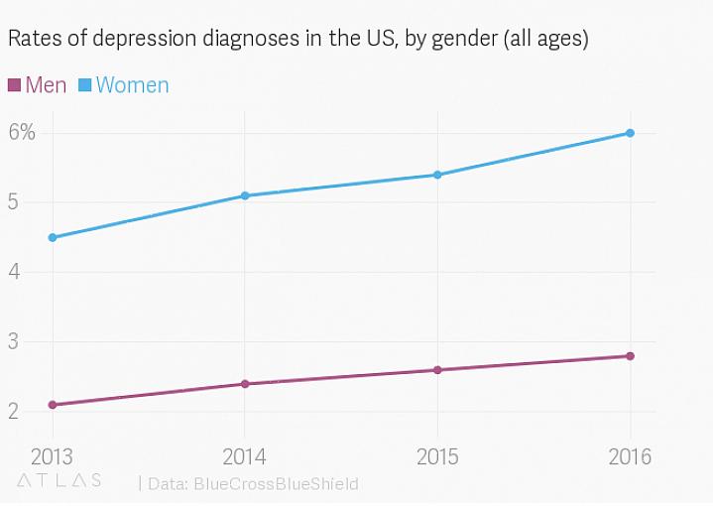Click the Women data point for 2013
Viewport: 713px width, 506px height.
click(x=52, y=237)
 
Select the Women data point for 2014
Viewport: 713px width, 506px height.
click(x=244, y=195)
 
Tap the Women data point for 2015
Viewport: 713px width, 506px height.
click(x=437, y=175)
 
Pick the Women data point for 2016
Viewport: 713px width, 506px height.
click(x=630, y=133)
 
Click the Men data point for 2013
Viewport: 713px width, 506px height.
click(x=52, y=405)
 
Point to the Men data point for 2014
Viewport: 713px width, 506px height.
click(x=244, y=384)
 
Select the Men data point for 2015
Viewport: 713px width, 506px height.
click(x=437, y=370)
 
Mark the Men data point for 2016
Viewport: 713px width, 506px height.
click(x=630, y=356)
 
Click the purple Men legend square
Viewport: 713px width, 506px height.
click(x=14, y=85)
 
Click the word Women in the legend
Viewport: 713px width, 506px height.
click(x=132, y=85)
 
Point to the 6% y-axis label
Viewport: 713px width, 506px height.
click(x=23, y=133)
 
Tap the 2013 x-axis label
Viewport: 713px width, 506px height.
click(x=52, y=457)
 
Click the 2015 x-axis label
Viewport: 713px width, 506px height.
click(x=437, y=457)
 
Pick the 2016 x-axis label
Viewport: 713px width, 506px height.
click(x=630, y=457)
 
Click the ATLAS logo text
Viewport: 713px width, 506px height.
click(x=59, y=481)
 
